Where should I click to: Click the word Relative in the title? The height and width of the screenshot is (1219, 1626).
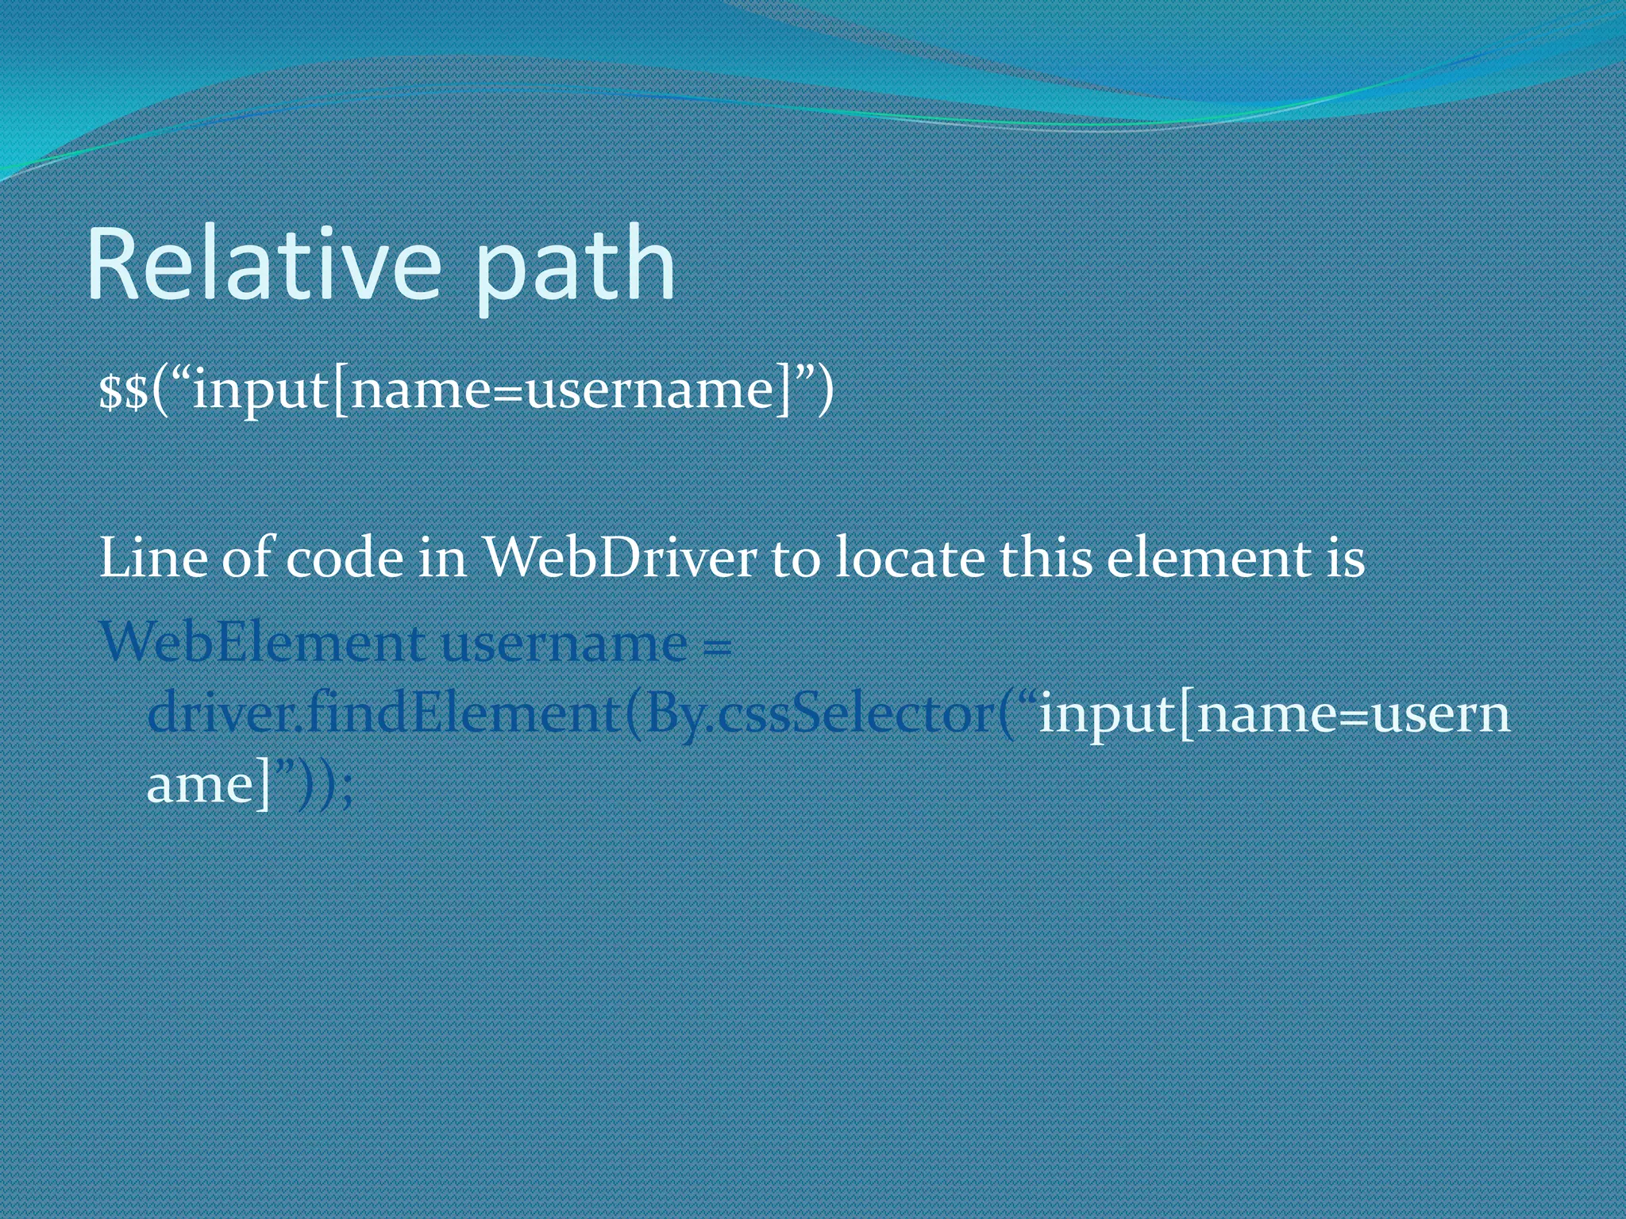tap(262, 263)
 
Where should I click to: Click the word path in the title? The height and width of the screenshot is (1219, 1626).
tap(575, 270)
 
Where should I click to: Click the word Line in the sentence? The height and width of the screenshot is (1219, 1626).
tap(153, 558)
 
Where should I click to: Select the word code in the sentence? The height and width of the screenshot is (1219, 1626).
tap(344, 559)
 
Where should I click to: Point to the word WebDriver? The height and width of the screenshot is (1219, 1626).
tap(620, 558)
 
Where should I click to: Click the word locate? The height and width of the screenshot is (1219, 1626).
tap(911, 558)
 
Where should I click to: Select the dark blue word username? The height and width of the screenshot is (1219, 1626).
tap(564, 644)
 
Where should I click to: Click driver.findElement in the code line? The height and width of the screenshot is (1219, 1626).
tap(383, 713)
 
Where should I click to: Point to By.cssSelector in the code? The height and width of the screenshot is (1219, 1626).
tap(818, 713)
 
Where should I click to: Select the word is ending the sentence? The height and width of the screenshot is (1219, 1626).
tap(1344, 558)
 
